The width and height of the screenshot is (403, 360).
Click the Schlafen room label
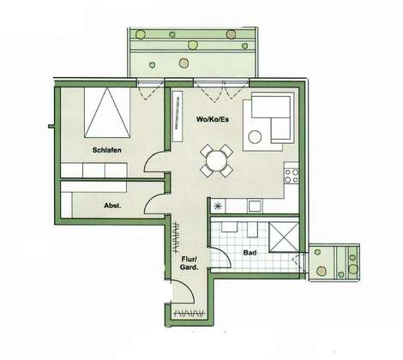coord(107,150)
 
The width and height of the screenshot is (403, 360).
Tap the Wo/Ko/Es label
coord(213,119)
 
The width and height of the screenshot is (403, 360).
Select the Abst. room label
coord(112,206)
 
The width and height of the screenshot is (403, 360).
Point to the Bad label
coord(250,253)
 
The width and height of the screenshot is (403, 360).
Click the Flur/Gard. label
coord(189,263)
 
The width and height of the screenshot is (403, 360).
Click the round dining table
coord(216,160)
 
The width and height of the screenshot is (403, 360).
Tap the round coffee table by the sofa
coord(255,137)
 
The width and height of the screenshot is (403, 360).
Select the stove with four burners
coord(292,176)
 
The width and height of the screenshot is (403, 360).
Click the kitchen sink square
coord(255,206)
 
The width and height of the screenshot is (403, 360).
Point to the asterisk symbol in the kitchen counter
coord(218,206)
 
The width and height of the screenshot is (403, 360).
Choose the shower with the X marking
coord(284,237)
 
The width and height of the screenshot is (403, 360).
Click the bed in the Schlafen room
coord(107,112)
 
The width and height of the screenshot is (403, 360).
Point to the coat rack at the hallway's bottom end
coord(190,313)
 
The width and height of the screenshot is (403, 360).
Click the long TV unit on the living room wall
coord(178,116)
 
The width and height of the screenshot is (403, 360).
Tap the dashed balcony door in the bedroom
coord(147,90)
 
